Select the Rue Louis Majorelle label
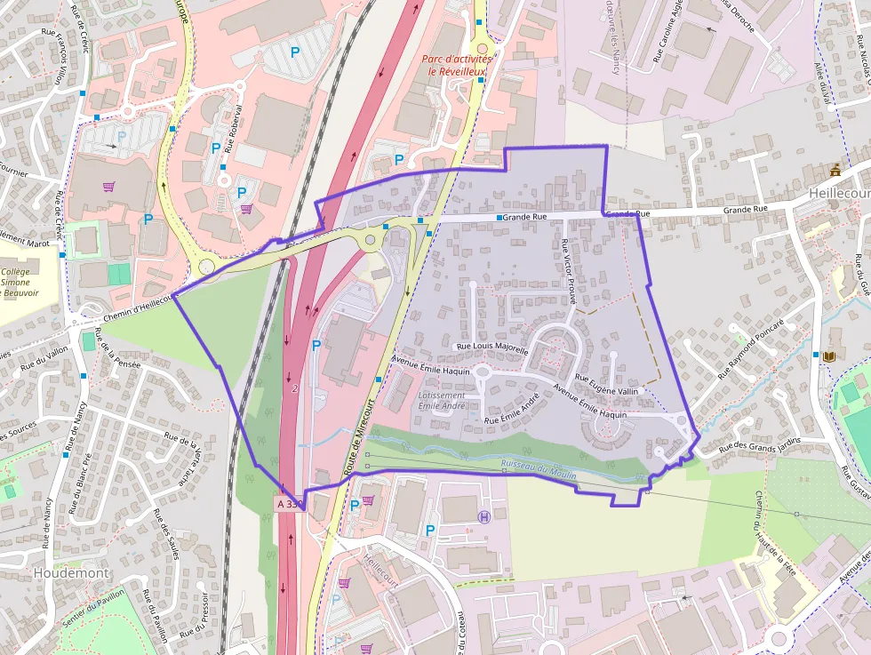coord(491,347)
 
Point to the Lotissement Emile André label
coord(441,401)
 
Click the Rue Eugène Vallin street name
coord(606,384)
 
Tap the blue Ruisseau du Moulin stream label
coord(539,469)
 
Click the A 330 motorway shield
coord(290,504)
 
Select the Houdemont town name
coord(70,573)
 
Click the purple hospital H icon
coord(484,516)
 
